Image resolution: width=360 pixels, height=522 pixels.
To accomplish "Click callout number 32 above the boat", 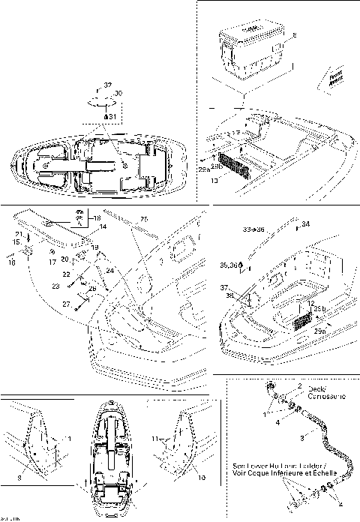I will [107, 86].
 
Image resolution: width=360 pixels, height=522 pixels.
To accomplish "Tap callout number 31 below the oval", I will [111, 117].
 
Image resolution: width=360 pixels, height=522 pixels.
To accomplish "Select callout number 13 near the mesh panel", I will [215, 180].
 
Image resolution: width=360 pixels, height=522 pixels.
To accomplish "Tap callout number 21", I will [18, 235].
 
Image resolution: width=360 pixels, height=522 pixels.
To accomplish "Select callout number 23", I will [55, 286].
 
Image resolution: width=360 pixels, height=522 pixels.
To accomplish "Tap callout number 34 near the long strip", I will [305, 223].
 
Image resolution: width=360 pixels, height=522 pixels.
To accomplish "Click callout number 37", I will [223, 288].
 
